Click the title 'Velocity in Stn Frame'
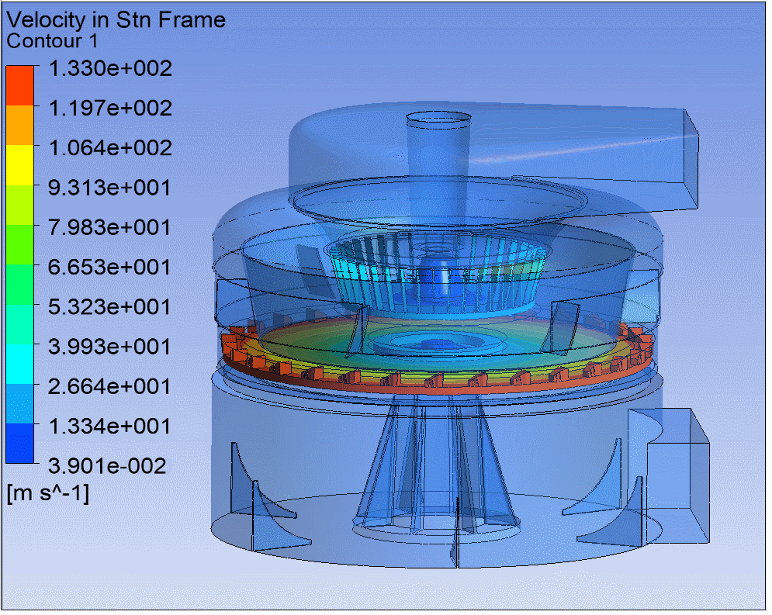[x=116, y=20]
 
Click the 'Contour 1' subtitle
[x=52, y=41]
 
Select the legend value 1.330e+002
[x=110, y=68]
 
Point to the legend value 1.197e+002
[x=110, y=108]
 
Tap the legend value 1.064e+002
[x=110, y=147]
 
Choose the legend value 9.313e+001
[x=109, y=188]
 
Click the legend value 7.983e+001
[x=109, y=227]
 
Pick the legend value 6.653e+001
[x=109, y=267]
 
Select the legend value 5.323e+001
[x=109, y=307]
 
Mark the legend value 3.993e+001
[x=109, y=347]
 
